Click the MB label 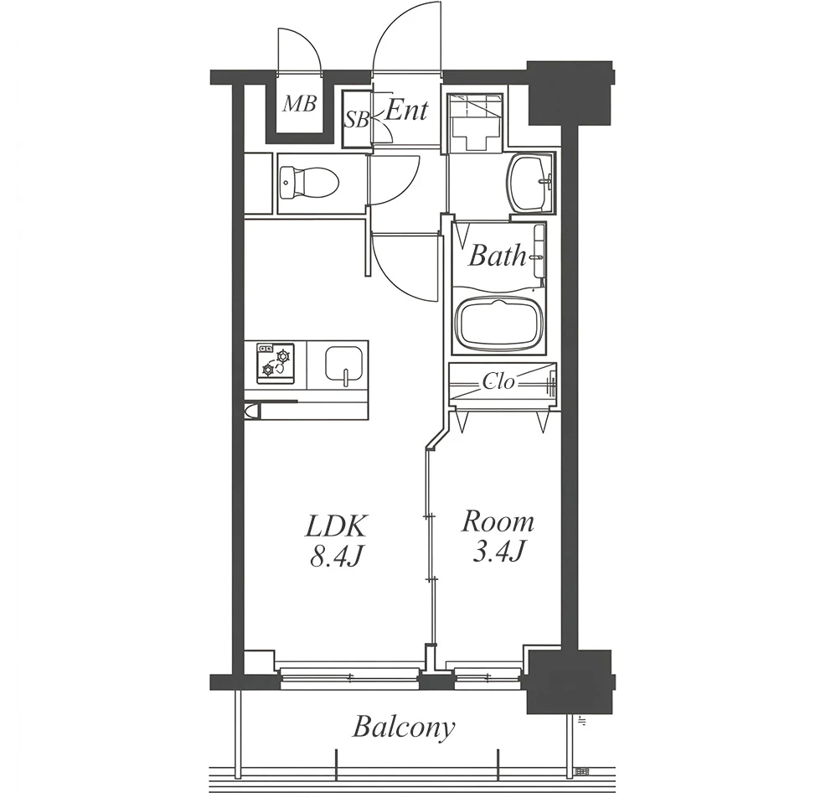(300, 103)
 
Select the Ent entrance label (406, 110)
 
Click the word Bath (498, 256)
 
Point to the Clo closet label (499, 381)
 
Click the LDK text (336, 526)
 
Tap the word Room (498, 521)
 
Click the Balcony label (404, 728)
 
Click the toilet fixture (309, 181)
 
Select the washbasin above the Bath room (530, 182)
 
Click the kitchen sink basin (345, 364)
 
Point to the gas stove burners (275, 363)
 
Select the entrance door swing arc (395, 38)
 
